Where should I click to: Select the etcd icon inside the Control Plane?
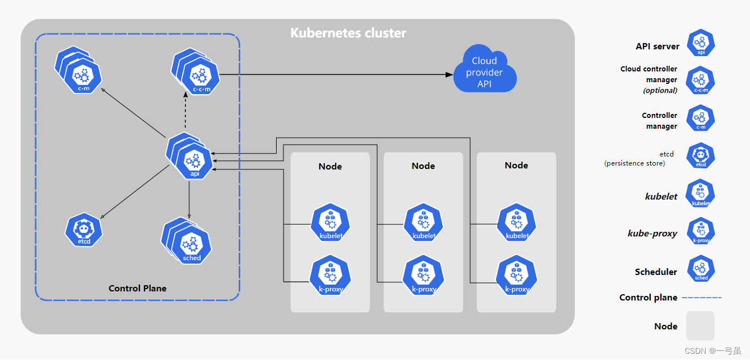click(84, 230)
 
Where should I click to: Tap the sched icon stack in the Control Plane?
click(187, 241)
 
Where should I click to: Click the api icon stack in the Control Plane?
click(190, 156)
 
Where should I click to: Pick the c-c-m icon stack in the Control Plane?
click(196, 71)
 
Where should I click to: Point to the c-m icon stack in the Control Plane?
click(78, 70)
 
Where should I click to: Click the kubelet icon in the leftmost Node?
click(330, 222)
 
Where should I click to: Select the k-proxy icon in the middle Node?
click(423, 276)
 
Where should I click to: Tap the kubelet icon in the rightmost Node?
click(516, 222)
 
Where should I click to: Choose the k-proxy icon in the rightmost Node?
click(516, 276)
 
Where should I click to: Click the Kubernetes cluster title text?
click(348, 33)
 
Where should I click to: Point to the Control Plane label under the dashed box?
click(137, 289)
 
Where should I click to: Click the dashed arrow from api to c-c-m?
click(185, 110)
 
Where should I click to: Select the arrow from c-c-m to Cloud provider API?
click(336, 74)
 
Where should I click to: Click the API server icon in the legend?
click(701, 43)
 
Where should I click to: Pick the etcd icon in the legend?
click(701, 155)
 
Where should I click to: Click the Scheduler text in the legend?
click(656, 272)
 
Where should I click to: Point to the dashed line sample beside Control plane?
click(702, 298)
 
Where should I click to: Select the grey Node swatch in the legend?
click(700, 326)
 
